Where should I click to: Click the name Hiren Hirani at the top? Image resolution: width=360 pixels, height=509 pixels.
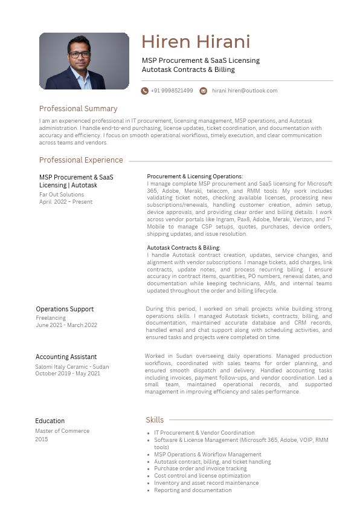click(195, 42)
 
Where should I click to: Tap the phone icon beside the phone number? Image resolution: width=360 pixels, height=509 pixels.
click(145, 91)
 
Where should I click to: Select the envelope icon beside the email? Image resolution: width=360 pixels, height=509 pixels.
click(204, 91)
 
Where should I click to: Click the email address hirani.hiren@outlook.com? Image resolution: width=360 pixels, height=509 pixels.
click(244, 91)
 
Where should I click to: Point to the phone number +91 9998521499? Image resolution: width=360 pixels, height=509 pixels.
click(172, 91)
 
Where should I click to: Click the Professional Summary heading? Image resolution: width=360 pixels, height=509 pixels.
click(78, 109)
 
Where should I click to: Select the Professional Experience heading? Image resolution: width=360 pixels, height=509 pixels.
click(81, 160)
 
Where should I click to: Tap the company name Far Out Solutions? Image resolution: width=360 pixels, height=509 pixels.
click(62, 195)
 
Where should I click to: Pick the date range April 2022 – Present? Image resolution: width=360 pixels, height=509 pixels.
click(66, 202)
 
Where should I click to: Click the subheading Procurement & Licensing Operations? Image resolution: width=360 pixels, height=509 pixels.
click(194, 177)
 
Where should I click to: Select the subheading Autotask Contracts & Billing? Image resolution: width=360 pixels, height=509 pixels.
click(184, 248)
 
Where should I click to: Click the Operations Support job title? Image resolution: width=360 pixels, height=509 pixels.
click(65, 309)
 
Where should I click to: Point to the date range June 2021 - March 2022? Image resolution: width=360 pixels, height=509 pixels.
click(66, 325)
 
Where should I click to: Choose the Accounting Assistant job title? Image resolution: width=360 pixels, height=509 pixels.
click(66, 357)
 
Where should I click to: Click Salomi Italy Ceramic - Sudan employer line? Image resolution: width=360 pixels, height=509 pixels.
click(72, 366)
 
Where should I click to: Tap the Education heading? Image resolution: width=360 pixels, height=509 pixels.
click(50, 421)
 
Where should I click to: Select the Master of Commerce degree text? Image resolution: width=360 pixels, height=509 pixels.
click(62, 431)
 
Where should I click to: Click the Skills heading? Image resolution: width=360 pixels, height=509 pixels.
click(155, 420)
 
